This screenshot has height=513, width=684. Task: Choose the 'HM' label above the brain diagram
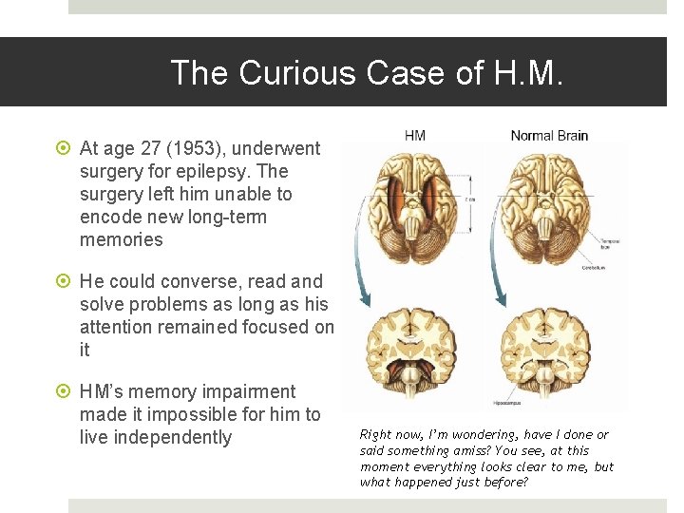click(415, 136)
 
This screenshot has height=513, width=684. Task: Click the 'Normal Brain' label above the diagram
click(549, 136)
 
